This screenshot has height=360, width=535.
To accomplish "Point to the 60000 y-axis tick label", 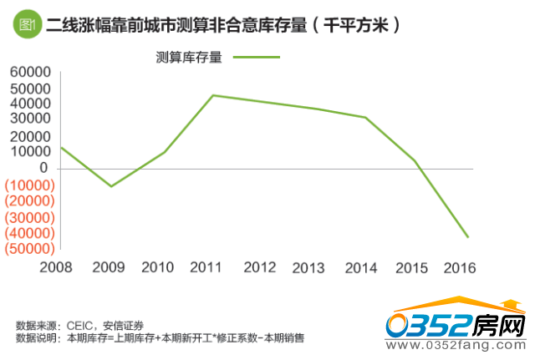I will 30,74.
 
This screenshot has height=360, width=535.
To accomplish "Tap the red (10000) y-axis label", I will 30,185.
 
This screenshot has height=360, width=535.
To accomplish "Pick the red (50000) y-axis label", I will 30,248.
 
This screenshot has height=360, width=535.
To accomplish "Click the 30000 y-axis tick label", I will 30,120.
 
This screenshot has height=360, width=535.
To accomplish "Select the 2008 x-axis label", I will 55,267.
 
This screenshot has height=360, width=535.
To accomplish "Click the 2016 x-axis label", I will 458,267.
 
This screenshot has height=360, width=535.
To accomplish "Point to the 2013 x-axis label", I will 308,267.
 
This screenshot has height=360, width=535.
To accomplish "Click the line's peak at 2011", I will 213,95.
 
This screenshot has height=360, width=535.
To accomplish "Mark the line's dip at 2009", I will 110,186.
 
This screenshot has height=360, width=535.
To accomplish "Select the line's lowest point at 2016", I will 468,237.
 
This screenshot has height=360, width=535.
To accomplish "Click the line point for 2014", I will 366,117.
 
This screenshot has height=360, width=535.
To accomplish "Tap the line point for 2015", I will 415,160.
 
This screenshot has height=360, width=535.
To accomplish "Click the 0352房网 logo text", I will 456,326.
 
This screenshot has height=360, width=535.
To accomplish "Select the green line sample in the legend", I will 256,58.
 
